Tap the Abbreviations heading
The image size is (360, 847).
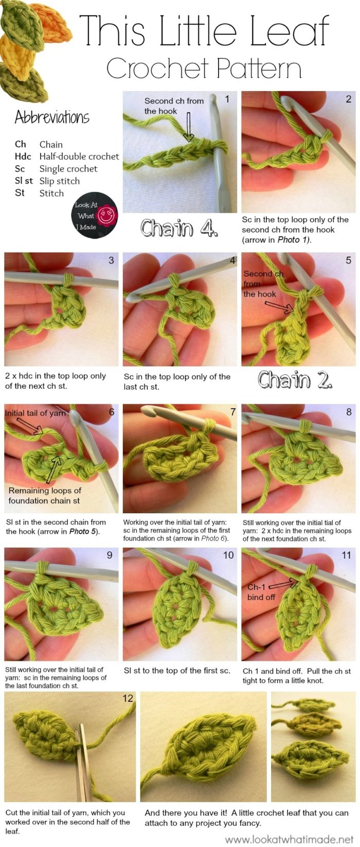52,117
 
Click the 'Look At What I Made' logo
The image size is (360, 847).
96,215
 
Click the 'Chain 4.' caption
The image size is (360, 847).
179,227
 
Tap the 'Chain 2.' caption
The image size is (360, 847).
295,380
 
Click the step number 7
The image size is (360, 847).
232,412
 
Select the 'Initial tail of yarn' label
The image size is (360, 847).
35,412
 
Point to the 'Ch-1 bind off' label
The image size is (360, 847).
261,592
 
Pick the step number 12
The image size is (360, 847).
128,698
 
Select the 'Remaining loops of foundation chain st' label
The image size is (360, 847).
45,495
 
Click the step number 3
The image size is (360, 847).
111,260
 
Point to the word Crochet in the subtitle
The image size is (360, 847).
157,68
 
